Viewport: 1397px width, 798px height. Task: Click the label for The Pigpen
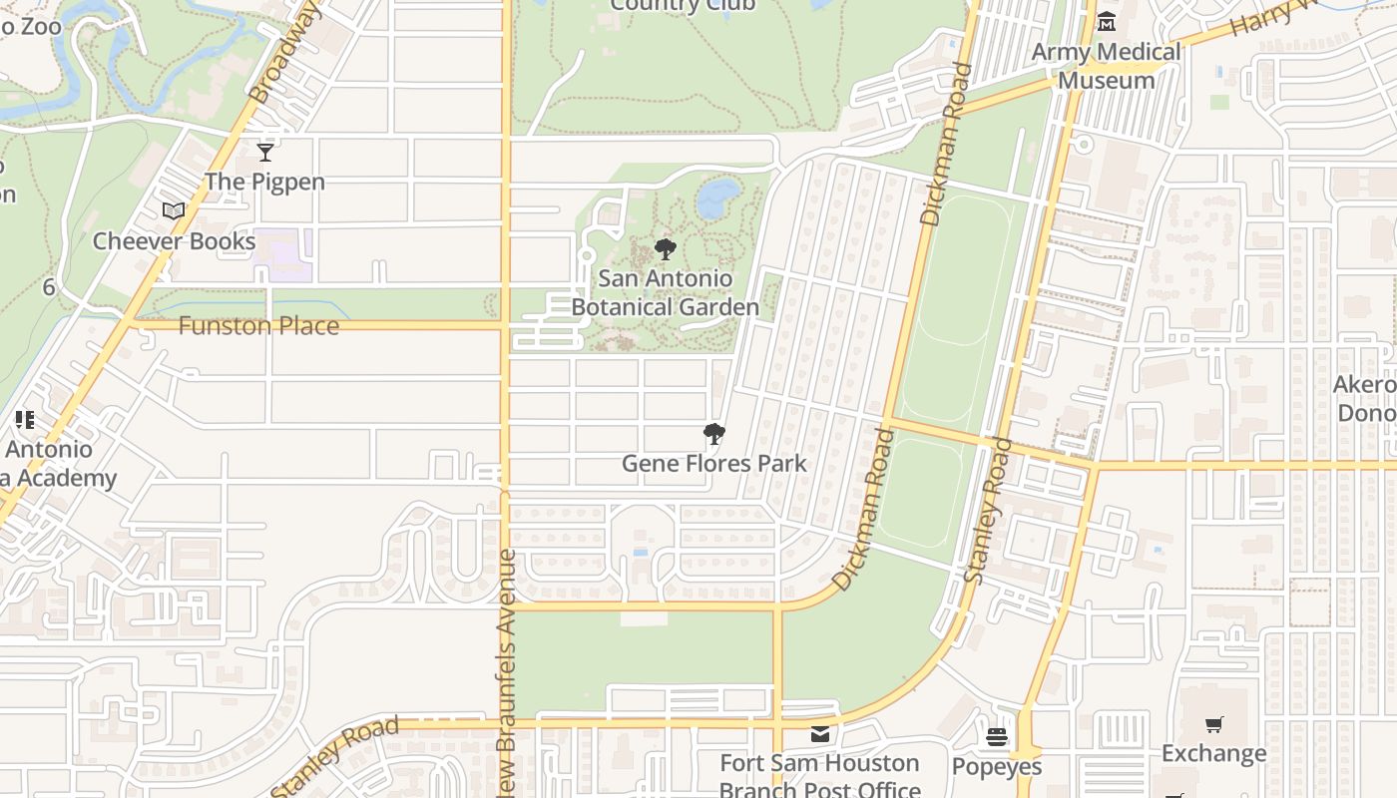pos(264,182)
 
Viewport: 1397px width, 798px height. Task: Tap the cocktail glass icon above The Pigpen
pos(264,153)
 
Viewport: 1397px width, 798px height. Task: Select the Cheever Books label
pos(175,241)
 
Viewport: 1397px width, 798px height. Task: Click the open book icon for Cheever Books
pos(174,210)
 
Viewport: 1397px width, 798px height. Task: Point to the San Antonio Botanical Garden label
pos(666,293)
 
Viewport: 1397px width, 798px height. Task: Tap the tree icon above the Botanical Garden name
pos(666,249)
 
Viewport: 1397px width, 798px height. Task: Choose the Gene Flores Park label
pos(713,464)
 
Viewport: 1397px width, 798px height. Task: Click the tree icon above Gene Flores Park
pos(713,434)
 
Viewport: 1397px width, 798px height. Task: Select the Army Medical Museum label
pos(1106,66)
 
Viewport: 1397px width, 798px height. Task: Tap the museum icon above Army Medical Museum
pos(1107,22)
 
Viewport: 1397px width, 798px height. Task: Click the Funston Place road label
pos(258,326)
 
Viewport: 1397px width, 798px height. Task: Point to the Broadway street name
pos(285,53)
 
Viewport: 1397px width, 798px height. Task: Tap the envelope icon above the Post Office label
pos(819,735)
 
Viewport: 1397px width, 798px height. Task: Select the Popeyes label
pos(996,766)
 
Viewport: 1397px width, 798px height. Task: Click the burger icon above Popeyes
pos(996,737)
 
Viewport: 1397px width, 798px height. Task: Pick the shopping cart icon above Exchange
pos(1213,725)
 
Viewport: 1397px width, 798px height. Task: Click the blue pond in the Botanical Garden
pos(718,198)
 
